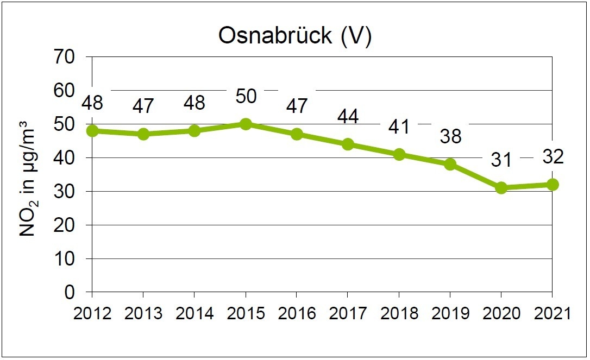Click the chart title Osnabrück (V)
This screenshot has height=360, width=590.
point(295,36)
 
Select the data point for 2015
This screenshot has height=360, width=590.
point(246,124)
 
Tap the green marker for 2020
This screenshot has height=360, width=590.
point(501,188)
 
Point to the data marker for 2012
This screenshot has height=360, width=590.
point(92,130)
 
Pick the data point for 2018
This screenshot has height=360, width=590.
point(399,154)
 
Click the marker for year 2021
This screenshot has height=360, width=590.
point(552,185)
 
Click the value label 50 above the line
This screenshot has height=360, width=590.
point(246,97)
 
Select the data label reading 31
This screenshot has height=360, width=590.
point(501,160)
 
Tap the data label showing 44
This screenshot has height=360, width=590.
point(348,116)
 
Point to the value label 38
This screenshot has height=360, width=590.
point(450,136)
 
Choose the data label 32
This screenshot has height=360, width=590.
point(552,157)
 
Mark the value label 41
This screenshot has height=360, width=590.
point(399,127)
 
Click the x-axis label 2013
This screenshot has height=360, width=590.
point(143,314)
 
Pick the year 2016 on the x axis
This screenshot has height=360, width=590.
point(297,314)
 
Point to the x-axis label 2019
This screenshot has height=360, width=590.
point(450,314)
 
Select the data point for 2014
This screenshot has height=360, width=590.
point(194,130)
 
